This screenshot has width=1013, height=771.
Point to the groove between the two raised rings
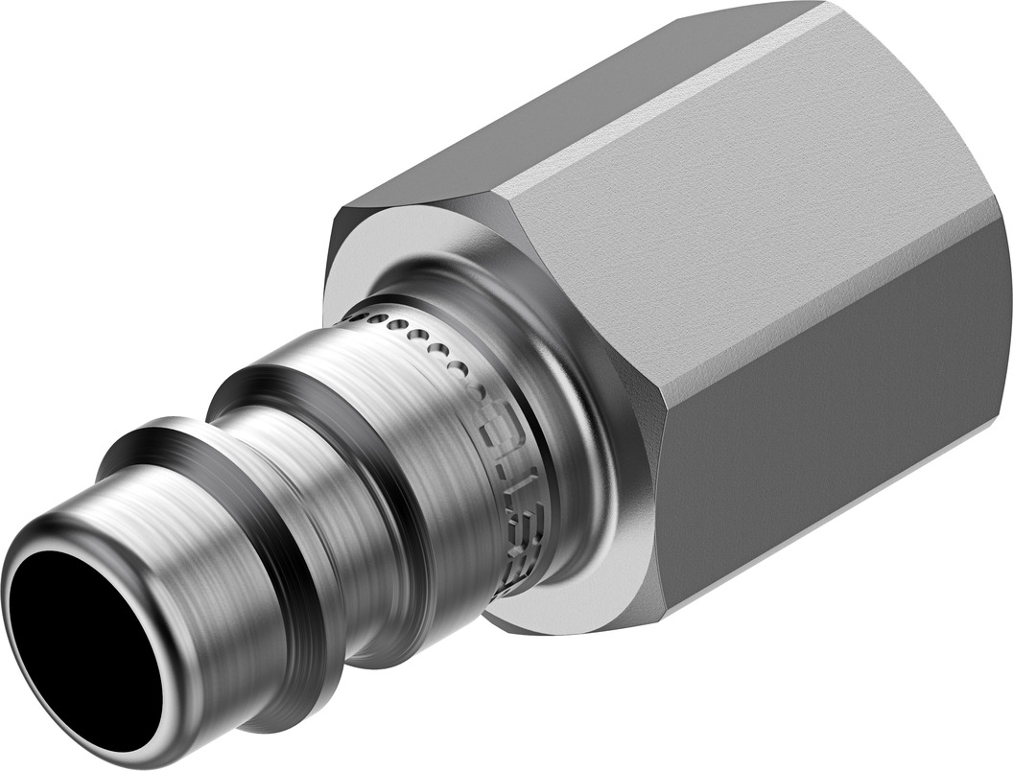click(x=278, y=479)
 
